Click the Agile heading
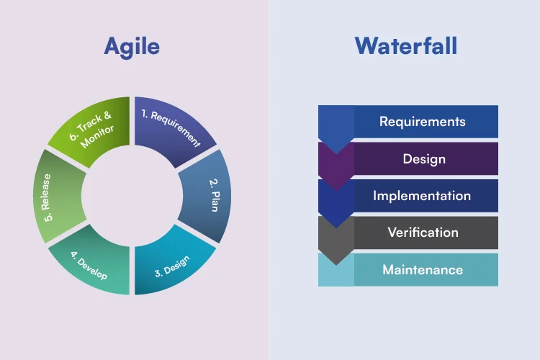132,46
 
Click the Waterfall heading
406,46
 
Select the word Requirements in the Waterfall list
423,122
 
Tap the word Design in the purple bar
424,159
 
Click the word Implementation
422,196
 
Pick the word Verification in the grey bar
423,233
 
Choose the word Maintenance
423,270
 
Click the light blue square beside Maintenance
336,270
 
